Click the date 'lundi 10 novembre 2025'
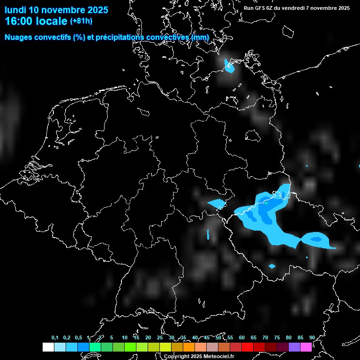(x=56, y=10)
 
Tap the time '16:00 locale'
(x=36, y=21)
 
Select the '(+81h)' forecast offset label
(x=81, y=21)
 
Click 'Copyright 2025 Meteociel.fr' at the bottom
(x=199, y=356)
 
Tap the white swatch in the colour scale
(x=48, y=347)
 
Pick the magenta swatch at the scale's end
(x=306, y=347)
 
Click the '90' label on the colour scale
(x=312, y=337)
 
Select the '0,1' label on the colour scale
(x=55, y=337)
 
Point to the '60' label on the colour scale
(x=242, y=337)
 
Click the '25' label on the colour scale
(x=160, y=337)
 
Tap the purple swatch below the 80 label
(x=294, y=347)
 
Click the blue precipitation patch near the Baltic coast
(x=229, y=66)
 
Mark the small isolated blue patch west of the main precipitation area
(x=217, y=203)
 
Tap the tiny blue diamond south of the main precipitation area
(x=272, y=266)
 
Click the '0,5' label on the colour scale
(x=78, y=337)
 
